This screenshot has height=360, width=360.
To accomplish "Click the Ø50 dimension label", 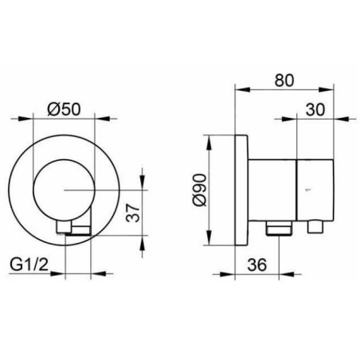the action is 64,109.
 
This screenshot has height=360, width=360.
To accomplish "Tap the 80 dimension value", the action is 284,80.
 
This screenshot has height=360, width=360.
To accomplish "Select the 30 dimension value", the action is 315,109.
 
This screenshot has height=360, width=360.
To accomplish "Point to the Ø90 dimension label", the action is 200,190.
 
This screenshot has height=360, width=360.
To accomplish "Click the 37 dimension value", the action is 133,213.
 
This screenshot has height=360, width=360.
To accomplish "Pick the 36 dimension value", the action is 256,264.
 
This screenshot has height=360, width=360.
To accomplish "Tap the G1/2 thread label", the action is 29,264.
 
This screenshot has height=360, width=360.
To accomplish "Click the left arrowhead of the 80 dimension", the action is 243,89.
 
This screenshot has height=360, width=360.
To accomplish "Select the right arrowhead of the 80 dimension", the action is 326,89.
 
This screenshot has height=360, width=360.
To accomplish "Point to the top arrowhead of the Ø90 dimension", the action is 209,143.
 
